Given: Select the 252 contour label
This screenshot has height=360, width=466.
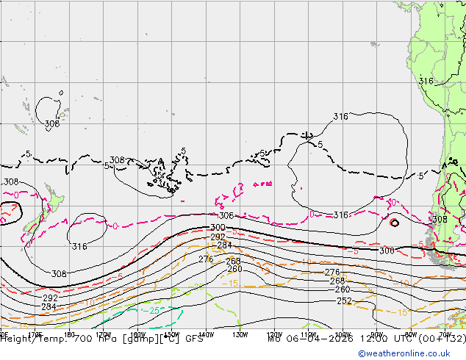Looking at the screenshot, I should pos(344,301).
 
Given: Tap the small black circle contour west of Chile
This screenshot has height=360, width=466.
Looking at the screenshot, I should pos(394,223).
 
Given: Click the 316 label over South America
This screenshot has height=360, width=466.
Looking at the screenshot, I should pos(426,81).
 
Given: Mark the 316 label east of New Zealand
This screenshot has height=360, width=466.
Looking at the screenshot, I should pos(79,247).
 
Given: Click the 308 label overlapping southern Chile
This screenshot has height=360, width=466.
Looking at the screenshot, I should pos(440,220).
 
